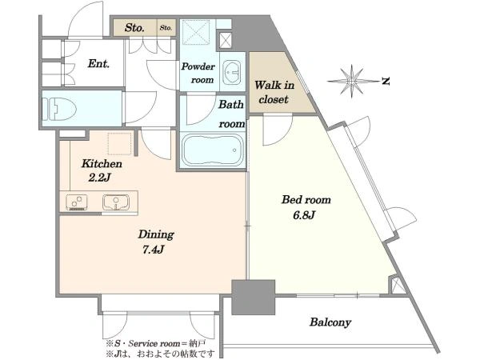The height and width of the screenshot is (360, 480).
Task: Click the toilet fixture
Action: point(59,110)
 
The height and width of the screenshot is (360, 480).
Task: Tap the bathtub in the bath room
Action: point(213,150)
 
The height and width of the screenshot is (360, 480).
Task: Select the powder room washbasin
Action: point(232,72)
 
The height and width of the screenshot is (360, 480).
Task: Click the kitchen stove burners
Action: point(77,202)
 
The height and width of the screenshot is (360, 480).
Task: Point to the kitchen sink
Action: point(116,202)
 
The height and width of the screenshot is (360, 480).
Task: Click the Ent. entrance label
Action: point(98,64)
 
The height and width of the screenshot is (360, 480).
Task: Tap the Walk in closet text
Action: point(274,92)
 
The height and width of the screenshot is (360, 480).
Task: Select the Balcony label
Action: point(330,322)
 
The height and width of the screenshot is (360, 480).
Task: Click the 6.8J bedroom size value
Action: point(304,215)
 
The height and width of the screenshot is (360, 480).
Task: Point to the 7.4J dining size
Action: point(153,250)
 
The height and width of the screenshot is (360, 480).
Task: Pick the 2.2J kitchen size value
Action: point(99,178)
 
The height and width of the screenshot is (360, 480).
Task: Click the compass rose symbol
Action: point(352,81)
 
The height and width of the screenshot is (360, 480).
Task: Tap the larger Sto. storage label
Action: point(134,28)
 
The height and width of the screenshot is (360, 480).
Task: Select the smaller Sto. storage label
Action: point(166,28)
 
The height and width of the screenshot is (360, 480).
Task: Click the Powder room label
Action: point(198,73)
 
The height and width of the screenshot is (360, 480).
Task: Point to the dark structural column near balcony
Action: point(253,298)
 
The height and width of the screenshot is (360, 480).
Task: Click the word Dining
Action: point(156,234)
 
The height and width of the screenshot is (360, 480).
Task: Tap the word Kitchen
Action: point(102,164)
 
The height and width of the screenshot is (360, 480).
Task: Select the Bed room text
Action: point(306,200)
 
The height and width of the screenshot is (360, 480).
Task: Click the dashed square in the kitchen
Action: point(119,143)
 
